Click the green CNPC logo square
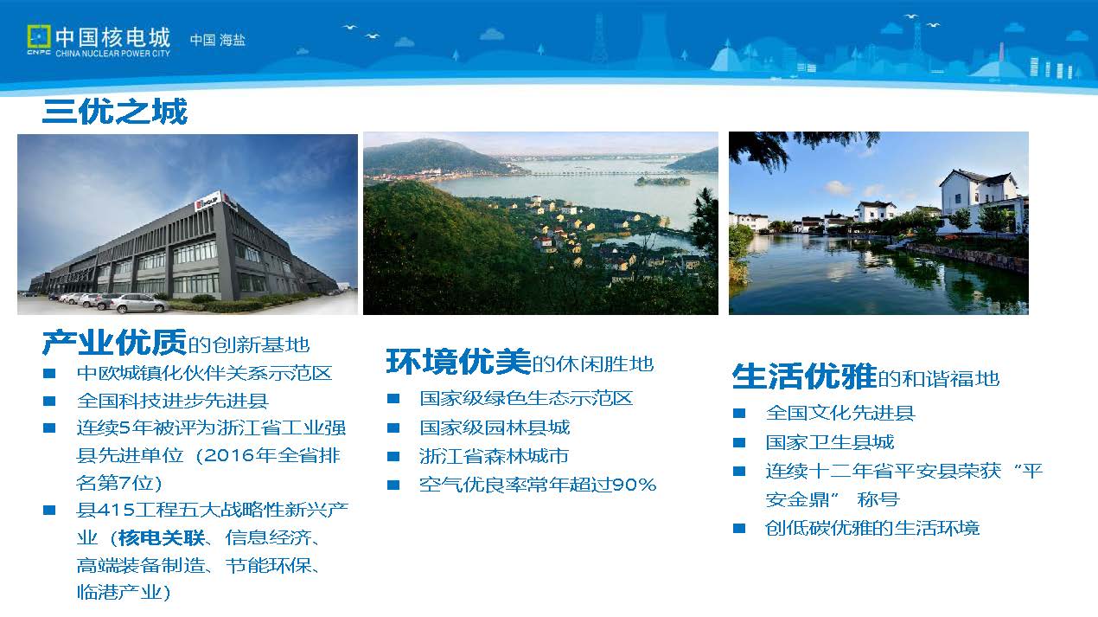click(x=39, y=37)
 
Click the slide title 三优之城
click(x=115, y=111)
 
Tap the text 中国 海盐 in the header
click(x=218, y=40)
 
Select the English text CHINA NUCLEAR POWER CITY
click(x=112, y=53)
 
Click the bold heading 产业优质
click(x=114, y=342)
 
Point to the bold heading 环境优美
click(x=458, y=362)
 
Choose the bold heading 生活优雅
click(x=804, y=376)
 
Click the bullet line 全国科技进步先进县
click(x=173, y=401)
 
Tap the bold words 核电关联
click(x=162, y=538)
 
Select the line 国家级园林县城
click(x=495, y=427)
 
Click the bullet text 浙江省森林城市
click(x=495, y=456)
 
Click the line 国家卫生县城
click(x=830, y=442)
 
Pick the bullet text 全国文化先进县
click(x=840, y=413)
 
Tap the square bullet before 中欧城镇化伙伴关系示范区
click(x=49, y=374)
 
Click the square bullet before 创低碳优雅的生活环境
click(x=738, y=529)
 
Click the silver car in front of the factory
click(x=138, y=303)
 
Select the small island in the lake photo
click(x=662, y=182)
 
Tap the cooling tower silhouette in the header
click(x=654, y=38)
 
